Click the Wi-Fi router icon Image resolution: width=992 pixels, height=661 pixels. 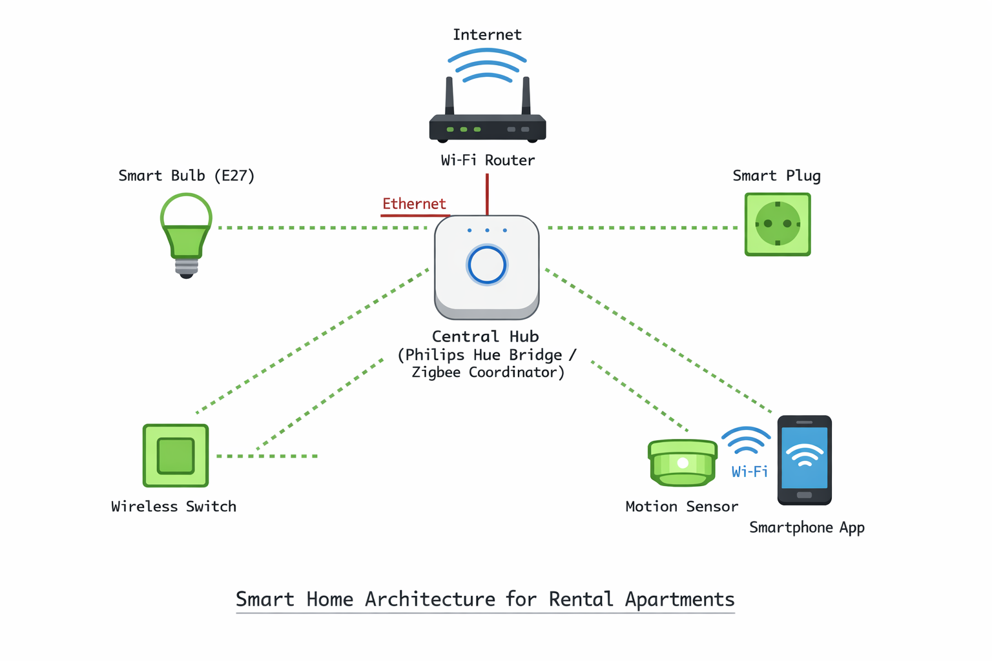point(488,127)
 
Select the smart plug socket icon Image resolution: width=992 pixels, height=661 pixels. point(778,224)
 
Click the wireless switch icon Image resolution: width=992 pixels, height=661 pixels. point(176,456)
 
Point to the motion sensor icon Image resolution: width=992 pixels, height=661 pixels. point(683,463)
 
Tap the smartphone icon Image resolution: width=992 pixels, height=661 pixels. point(804,460)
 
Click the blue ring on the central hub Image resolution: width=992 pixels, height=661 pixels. point(487,265)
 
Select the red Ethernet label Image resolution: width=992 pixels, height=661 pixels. point(414,204)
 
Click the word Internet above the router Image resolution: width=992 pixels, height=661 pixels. point(487,35)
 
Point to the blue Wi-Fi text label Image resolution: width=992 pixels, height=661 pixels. point(750,472)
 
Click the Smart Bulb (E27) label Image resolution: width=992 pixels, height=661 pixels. point(187,176)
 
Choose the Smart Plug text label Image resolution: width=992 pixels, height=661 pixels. point(776,176)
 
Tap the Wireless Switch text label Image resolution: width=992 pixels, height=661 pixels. point(174,507)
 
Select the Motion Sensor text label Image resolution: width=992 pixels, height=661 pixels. point(681,507)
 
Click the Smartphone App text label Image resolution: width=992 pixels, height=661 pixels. point(807,528)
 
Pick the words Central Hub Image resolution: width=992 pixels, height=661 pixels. point(486,336)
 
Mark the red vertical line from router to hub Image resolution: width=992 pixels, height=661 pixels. point(487,194)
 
